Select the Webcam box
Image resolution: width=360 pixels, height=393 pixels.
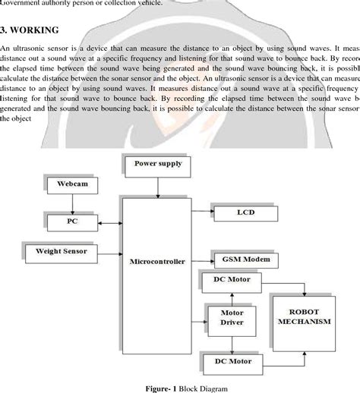[x=72, y=184]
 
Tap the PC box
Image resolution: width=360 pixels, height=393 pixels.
[x=72, y=223]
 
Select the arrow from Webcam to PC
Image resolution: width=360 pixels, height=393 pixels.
[x=72, y=203]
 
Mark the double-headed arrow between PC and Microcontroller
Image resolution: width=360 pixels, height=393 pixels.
[x=111, y=223]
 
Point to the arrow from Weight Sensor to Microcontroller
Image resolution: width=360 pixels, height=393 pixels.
[x=111, y=250]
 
